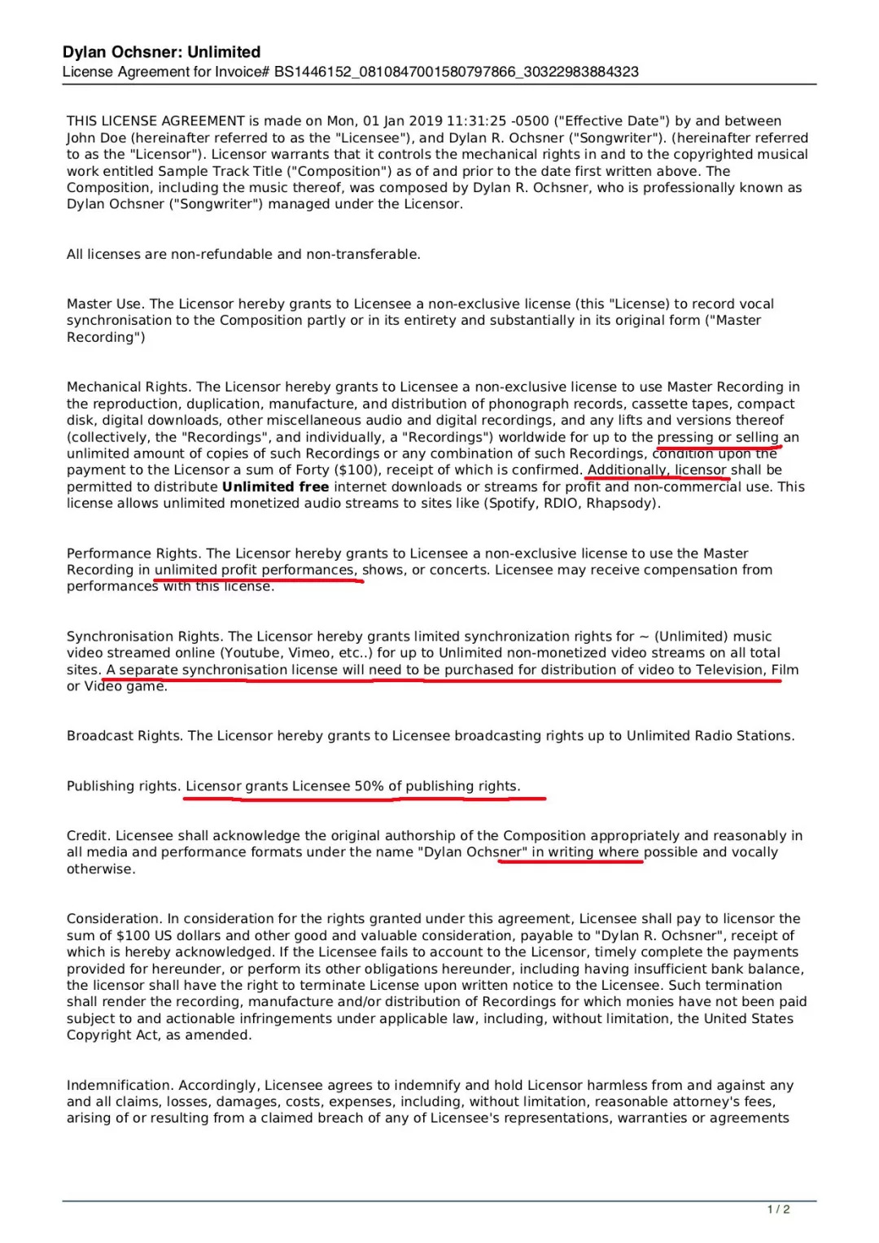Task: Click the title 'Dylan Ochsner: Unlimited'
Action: click(161, 52)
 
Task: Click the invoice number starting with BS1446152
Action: click(456, 72)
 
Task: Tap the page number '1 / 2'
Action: click(778, 1210)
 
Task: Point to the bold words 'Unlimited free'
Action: click(275, 487)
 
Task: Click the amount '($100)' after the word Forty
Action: click(357, 471)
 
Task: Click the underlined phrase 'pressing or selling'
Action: click(718, 437)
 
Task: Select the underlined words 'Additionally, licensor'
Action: click(657, 471)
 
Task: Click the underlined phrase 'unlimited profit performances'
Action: click(256, 570)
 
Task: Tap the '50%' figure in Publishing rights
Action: click(369, 786)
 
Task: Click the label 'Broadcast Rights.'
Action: click(125, 736)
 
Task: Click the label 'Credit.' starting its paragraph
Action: click(89, 836)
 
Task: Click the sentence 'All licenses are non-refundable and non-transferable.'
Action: click(243, 255)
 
